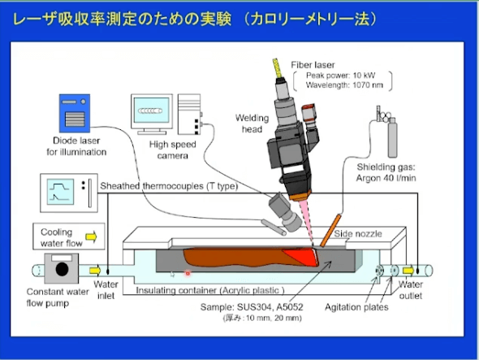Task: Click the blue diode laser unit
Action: (75, 113)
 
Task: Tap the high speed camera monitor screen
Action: (152, 111)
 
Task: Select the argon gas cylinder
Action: (392, 137)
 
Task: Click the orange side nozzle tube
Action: (330, 231)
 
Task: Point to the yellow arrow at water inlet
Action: (95, 271)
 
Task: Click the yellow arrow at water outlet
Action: (408, 271)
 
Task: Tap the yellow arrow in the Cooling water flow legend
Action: (91, 236)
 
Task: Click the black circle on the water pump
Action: (62, 269)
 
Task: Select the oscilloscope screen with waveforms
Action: (61, 192)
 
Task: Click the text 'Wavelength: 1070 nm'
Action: (344, 85)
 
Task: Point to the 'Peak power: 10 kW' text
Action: (340, 76)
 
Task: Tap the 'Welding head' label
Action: (252, 124)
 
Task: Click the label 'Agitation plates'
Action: (356, 307)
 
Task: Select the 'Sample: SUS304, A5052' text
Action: (252, 307)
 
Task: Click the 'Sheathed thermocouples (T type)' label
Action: (169, 186)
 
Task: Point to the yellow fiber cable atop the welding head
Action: (278, 68)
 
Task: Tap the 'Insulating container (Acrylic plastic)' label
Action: (210, 290)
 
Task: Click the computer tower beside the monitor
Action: (189, 114)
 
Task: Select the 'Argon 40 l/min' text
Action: (386, 178)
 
